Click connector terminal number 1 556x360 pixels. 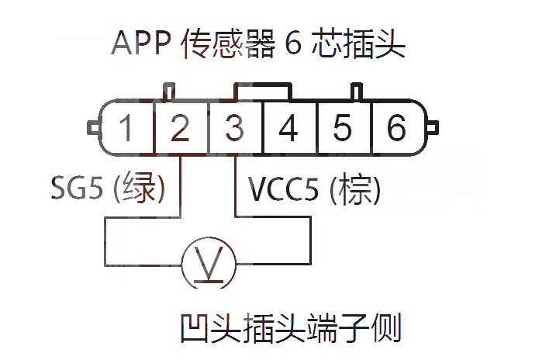126,128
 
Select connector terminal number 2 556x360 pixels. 180,128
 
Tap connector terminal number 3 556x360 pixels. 234,128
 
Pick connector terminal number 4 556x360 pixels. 288,128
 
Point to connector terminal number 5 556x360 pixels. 342,128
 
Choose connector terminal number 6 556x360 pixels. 396,128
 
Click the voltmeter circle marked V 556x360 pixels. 208,265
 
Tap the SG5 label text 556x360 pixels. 75,188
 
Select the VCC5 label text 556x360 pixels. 284,189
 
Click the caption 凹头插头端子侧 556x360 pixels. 289,329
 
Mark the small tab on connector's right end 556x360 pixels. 433,126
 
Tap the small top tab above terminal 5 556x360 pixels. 356,92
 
